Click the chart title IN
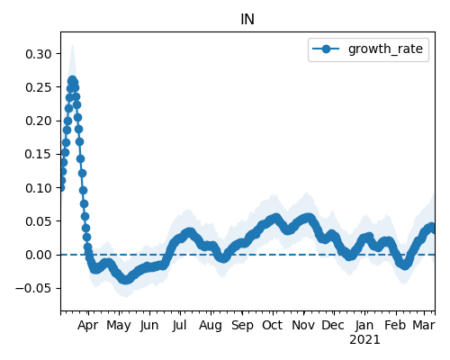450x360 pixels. click(247, 20)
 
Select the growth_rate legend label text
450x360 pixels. click(385, 49)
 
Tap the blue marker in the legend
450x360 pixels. click(326, 49)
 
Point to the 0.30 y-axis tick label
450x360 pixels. click(39, 54)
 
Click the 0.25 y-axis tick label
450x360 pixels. click(39, 87)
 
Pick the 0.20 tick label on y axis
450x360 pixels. click(39, 121)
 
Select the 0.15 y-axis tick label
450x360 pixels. click(39, 154)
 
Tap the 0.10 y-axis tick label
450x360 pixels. click(39, 188)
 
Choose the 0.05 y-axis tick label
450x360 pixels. click(39, 221)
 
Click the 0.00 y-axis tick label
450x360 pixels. click(39, 255)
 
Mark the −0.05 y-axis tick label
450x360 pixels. click(34, 288)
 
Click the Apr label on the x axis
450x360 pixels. click(87, 326)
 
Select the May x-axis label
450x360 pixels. click(119, 326)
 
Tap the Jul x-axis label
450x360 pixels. click(179, 325)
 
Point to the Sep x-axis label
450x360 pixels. click(242, 326)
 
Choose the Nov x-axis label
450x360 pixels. click(303, 325)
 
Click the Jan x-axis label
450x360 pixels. click(364, 325)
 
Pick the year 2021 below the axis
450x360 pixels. click(364, 340)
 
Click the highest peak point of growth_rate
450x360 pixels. click(72, 80)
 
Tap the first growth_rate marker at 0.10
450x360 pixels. click(61, 188)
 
